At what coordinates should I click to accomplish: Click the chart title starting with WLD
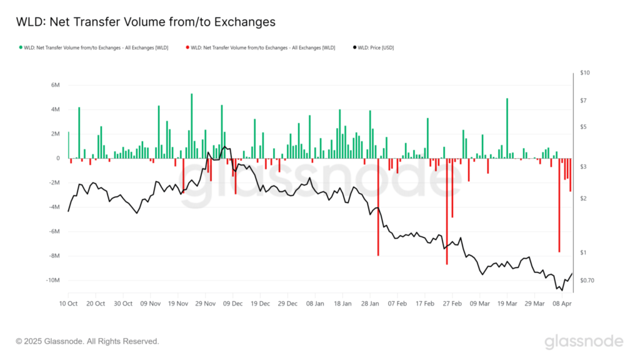(x=145, y=22)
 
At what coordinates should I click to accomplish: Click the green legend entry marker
(x=21, y=47)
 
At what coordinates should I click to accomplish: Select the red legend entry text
(x=263, y=47)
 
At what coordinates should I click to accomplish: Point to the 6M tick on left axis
(x=55, y=85)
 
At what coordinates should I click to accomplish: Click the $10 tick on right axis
(x=584, y=73)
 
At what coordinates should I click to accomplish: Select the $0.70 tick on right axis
(x=587, y=280)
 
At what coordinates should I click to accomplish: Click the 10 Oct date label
(x=68, y=304)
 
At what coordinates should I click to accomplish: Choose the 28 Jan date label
(x=371, y=304)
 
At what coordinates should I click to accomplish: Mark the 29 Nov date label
(x=206, y=304)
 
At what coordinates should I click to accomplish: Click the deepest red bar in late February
(x=447, y=212)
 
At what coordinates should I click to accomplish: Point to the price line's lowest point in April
(x=561, y=290)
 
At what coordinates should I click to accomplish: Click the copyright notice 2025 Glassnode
(x=87, y=341)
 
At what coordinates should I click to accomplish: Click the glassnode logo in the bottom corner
(x=583, y=341)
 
